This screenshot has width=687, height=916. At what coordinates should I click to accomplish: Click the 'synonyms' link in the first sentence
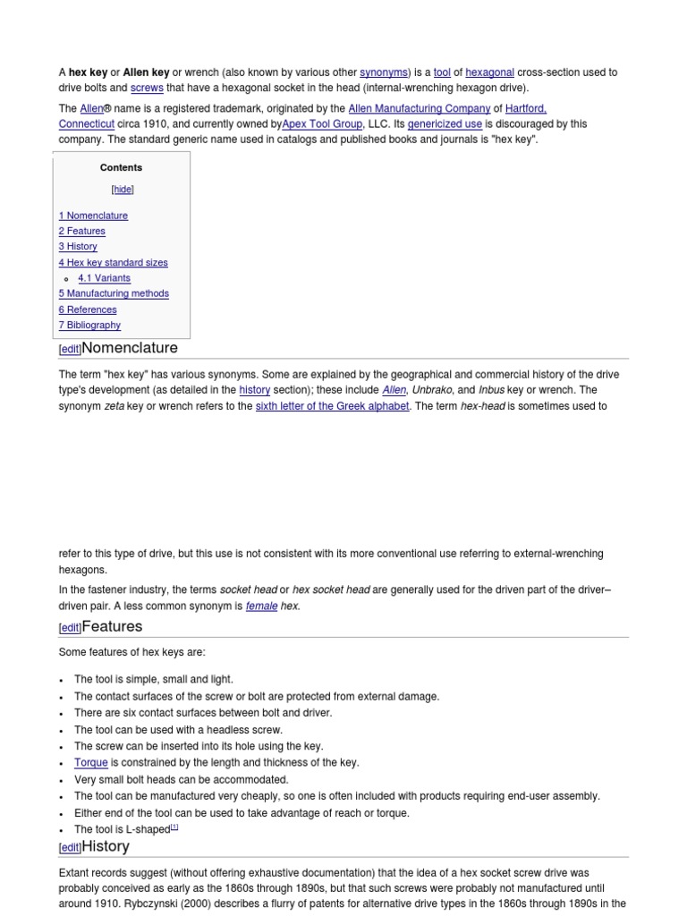(383, 72)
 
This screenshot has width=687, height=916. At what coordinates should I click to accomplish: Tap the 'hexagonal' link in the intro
(489, 72)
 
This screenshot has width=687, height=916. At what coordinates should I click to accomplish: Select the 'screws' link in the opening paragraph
(147, 88)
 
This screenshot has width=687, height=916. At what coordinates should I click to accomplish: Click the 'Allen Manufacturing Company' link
(419, 109)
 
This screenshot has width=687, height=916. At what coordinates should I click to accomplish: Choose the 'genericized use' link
(445, 124)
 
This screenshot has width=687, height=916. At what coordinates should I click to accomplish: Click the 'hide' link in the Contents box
(123, 190)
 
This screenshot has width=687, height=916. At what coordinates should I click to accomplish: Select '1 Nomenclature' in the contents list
(93, 216)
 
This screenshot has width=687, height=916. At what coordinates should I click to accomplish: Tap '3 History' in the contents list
(78, 246)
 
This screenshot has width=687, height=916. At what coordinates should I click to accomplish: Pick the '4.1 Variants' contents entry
(104, 278)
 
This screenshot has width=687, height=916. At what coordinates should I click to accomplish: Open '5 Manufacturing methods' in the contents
(114, 293)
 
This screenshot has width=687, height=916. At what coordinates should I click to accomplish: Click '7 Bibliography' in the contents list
(89, 325)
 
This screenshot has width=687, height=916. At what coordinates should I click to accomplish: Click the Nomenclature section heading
(130, 348)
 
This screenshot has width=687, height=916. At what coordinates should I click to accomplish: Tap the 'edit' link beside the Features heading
(70, 628)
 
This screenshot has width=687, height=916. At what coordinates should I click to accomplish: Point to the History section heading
(106, 846)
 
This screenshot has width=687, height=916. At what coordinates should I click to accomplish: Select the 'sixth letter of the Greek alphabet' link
(333, 406)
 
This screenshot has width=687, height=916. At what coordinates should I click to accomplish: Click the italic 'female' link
(261, 606)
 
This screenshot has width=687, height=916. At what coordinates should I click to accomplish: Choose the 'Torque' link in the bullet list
(91, 763)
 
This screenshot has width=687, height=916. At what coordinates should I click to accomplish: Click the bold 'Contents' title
(121, 167)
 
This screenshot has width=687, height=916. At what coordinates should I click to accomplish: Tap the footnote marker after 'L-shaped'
(174, 827)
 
